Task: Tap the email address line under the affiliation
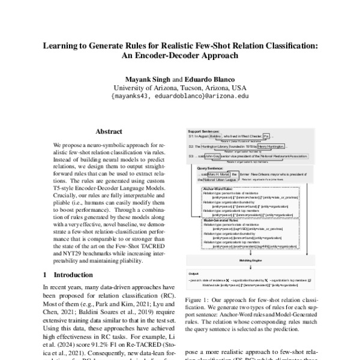pyautogui.click(x=179, y=95)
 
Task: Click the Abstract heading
pyautogui.click(x=109, y=131)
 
